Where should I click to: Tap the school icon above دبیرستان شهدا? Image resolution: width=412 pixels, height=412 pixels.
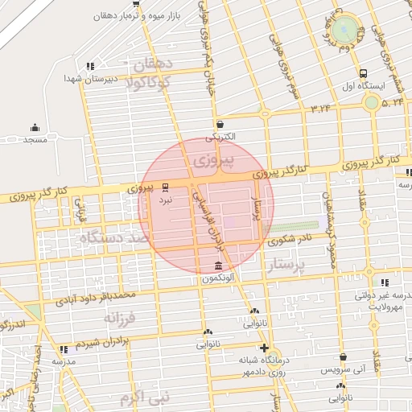[90, 66]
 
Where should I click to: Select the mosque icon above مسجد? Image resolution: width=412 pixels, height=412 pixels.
[34, 127]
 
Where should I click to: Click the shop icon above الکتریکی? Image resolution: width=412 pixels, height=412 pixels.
[220, 124]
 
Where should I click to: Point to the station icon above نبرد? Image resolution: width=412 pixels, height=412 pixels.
[166, 185]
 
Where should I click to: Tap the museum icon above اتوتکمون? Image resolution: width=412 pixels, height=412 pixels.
[219, 266]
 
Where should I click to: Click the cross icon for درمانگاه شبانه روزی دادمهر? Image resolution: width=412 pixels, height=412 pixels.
[265, 348]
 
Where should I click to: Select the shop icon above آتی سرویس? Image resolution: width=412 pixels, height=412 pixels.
[344, 356]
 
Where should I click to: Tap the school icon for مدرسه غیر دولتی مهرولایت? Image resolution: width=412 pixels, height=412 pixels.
[385, 282]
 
